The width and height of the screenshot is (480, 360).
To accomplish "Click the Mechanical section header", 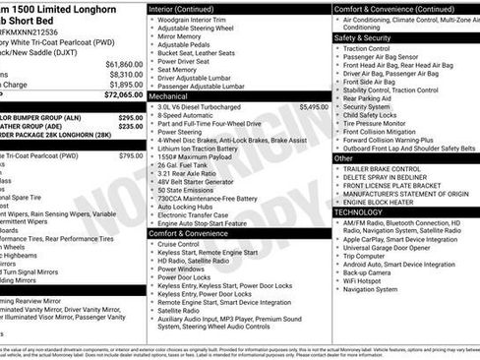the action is tap(168, 97).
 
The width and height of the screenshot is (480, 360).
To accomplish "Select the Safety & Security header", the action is tap(363, 37).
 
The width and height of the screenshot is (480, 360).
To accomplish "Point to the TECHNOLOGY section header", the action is tap(359, 211).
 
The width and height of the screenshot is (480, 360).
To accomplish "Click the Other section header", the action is tap(343, 157).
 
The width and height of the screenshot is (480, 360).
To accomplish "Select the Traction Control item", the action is tap(368, 47).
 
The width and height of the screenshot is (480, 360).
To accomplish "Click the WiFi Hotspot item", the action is tap(365, 280).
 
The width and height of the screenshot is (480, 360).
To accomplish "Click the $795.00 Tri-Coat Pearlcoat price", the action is tap(130, 155).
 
